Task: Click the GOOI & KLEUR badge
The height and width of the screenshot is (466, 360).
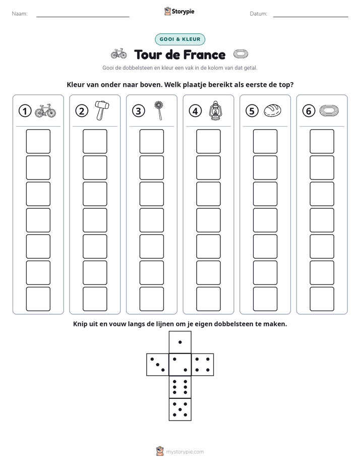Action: pos(180,39)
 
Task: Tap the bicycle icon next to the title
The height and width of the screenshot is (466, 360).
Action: pos(119,54)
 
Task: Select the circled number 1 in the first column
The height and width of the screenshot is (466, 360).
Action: pos(25,111)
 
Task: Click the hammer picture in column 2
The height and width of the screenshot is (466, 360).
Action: pos(102,110)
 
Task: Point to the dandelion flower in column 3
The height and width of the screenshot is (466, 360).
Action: pos(159,110)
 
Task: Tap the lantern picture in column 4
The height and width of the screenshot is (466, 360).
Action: pos(215,110)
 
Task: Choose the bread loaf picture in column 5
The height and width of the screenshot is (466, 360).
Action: pos(272,110)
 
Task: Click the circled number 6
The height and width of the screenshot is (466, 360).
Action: pos(309,111)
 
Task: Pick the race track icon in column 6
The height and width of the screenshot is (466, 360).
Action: pos(329,110)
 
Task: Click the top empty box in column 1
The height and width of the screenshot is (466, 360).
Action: pos(38,141)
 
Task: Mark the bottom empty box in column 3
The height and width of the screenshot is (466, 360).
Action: pos(151,299)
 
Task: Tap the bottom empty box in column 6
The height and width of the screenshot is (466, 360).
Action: pos(322,299)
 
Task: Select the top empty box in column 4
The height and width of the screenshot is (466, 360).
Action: pos(208,141)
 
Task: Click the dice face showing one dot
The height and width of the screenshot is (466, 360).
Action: pos(180,342)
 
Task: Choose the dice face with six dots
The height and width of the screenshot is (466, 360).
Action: pos(180,387)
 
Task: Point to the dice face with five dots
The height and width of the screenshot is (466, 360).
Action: pos(180,410)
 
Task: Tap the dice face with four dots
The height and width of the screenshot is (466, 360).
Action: pos(203,365)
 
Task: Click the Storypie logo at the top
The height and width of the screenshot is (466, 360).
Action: pos(179,11)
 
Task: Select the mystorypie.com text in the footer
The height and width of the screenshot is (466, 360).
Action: pos(185,452)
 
